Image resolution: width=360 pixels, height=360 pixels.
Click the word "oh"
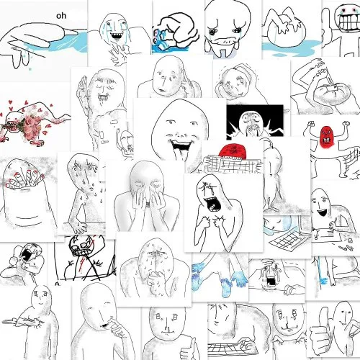(61, 16)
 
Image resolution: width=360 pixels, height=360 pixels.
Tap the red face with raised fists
(326, 136)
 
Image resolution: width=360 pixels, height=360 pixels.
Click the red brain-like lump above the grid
(233, 151)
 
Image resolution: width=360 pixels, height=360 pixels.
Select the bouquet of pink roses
(27, 124)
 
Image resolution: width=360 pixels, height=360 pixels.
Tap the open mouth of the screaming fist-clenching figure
(211, 204)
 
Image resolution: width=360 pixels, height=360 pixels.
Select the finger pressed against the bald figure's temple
(186, 77)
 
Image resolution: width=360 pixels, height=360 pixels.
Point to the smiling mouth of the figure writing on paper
(322, 212)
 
